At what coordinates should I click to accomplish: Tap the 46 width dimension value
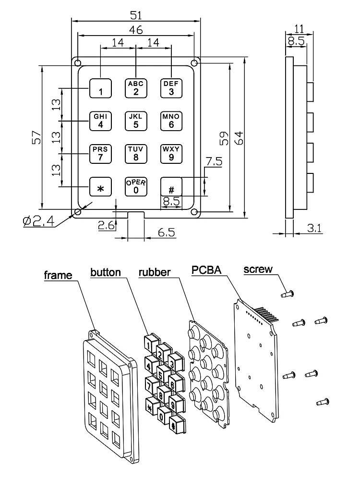pos(136,29)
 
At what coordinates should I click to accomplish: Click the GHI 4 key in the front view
pos(100,121)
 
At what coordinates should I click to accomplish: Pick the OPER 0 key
pos(136,186)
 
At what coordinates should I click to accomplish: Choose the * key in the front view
pos(100,187)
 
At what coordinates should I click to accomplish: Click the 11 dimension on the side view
pos(299,28)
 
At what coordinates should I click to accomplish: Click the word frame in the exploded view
pos(58,276)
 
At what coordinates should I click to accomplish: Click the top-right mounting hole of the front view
pos(194,63)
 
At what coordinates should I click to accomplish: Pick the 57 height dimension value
pos(35,138)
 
